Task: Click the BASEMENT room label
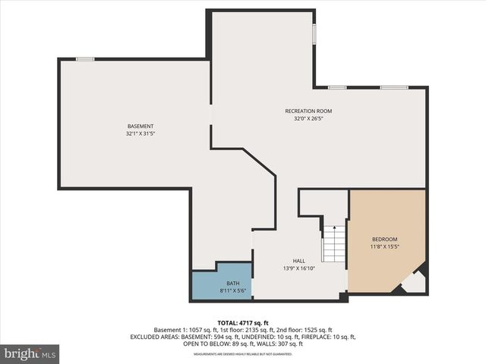pyautogui.click(x=140, y=126)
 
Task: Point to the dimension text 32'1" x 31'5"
pyautogui.click(x=140, y=133)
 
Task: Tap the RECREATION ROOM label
pyautogui.click(x=308, y=111)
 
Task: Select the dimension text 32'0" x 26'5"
pyautogui.click(x=308, y=118)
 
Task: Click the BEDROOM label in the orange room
pyautogui.click(x=384, y=240)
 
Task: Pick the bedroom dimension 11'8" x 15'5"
pyautogui.click(x=384, y=246)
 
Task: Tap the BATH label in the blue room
pyautogui.click(x=221, y=284)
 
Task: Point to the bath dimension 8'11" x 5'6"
pyautogui.click(x=221, y=290)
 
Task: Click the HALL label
pyautogui.click(x=299, y=260)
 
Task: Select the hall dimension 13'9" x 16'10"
pyautogui.click(x=299, y=267)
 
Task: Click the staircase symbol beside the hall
pyautogui.click(x=334, y=243)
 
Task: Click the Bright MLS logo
pyautogui.click(x=30, y=353)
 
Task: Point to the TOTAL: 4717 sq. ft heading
pyautogui.click(x=242, y=322)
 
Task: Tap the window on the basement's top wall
pyautogui.click(x=85, y=59)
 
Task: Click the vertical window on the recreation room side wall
pyautogui.click(x=314, y=35)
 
